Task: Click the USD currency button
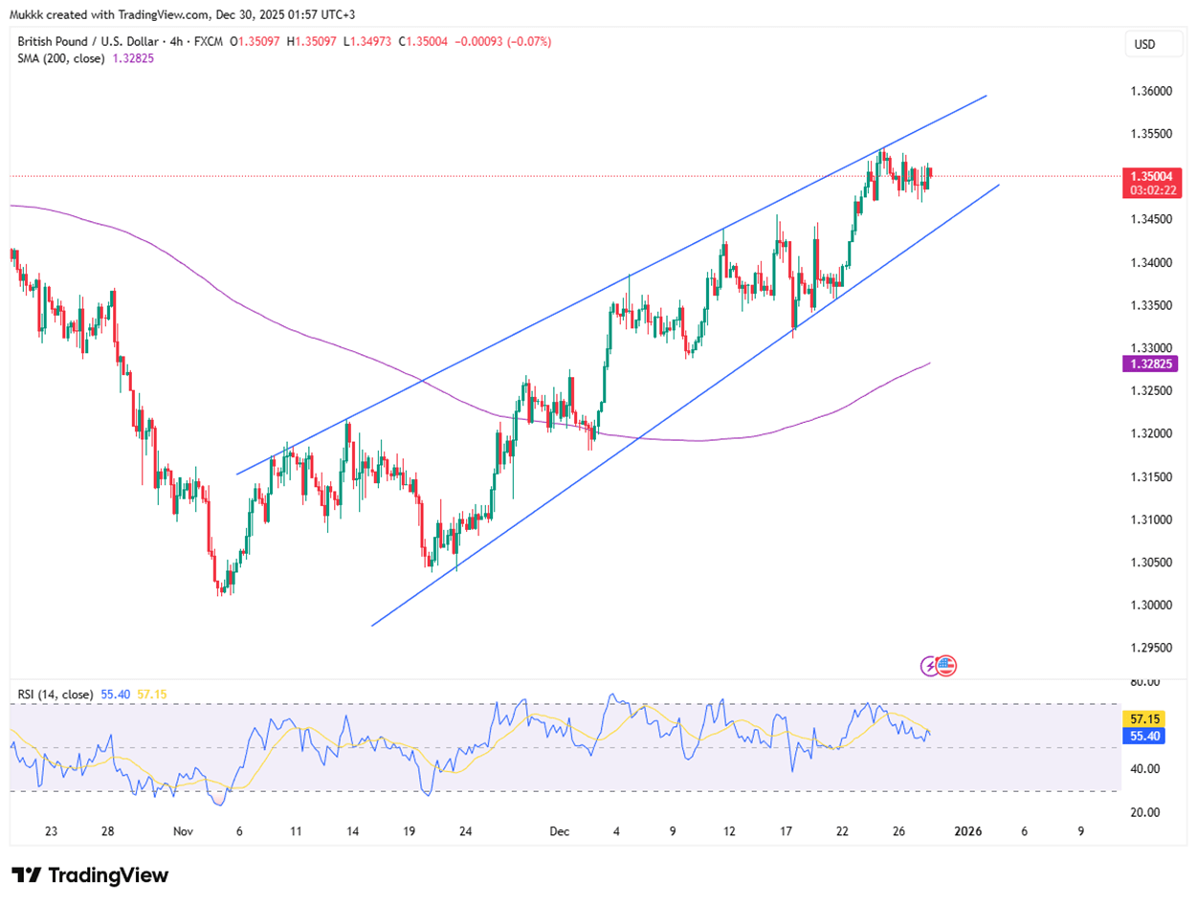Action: [x=1143, y=44]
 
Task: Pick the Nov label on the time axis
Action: [x=184, y=831]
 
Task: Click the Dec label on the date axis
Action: [x=560, y=831]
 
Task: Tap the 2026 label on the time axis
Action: [x=968, y=831]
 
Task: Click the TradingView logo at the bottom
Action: [x=90, y=875]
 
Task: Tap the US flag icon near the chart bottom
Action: [x=947, y=665]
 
